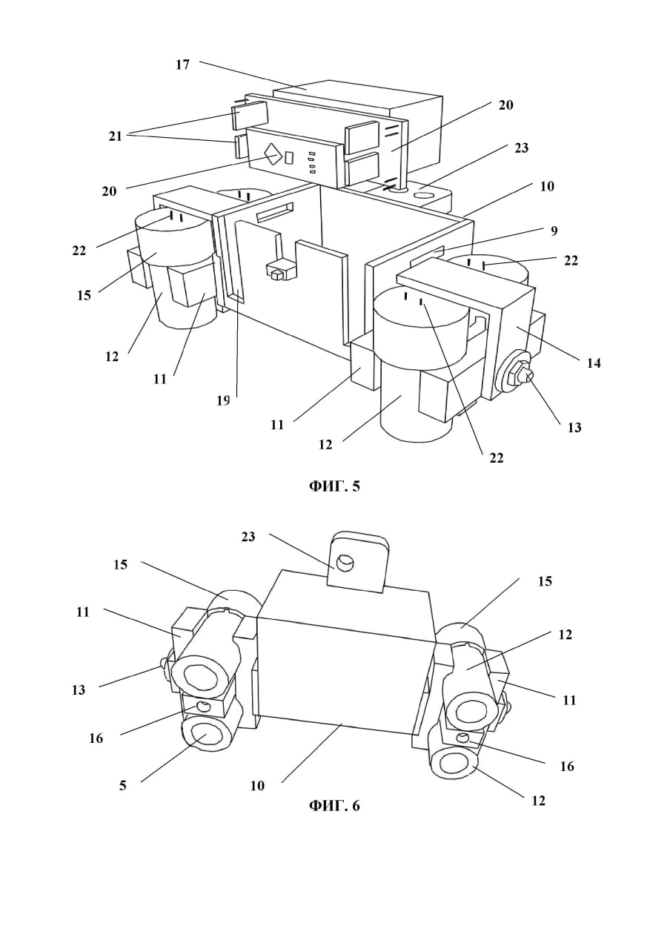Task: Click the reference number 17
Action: pyautogui.click(x=183, y=65)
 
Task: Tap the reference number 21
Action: pyautogui.click(x=115, y=136)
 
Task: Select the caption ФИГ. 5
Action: pyautogui.click(x=334, y=486)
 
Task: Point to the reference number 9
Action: pyautogui.click(x=554, y=231)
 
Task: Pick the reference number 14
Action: pyautogui.click(x=594, y=363)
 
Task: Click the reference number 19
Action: pyautogui.click(x=223, y=400)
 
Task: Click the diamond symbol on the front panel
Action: pyautogui.click(x=273, y=156)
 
